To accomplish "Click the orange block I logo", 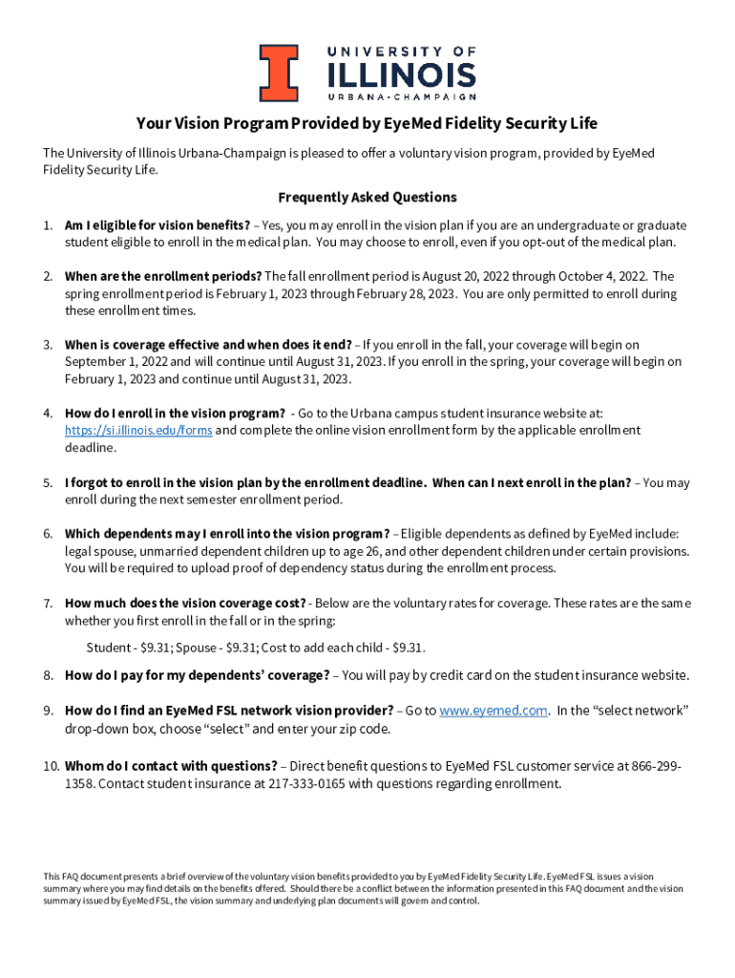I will point(281,73).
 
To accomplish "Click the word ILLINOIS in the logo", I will point(401,74).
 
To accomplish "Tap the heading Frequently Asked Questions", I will point(367,198).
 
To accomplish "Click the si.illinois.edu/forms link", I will point(137,431).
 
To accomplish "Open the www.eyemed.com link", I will point(493,711).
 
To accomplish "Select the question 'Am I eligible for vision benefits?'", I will point(157,225).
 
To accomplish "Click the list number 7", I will point(48,604).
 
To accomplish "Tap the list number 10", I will point(51,766).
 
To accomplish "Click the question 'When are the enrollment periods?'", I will point(162,277).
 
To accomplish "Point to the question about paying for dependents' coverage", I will point(197,675).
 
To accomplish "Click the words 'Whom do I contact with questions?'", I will point(171,766).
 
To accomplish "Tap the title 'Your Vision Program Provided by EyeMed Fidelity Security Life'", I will point(367,124).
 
